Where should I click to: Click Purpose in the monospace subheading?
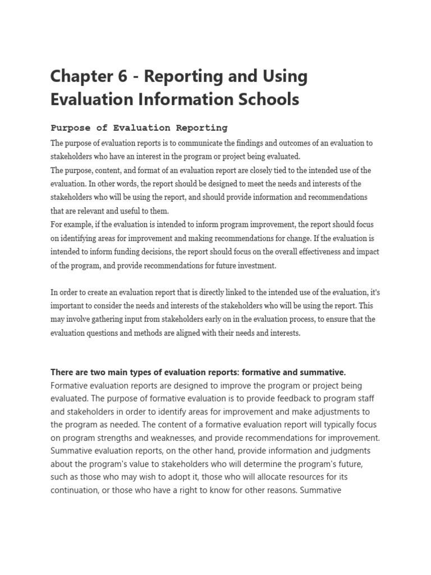click(x=70, y=128)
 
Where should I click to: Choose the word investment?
click(x=258, y=265)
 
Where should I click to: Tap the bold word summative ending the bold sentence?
click(x=322, y=372)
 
